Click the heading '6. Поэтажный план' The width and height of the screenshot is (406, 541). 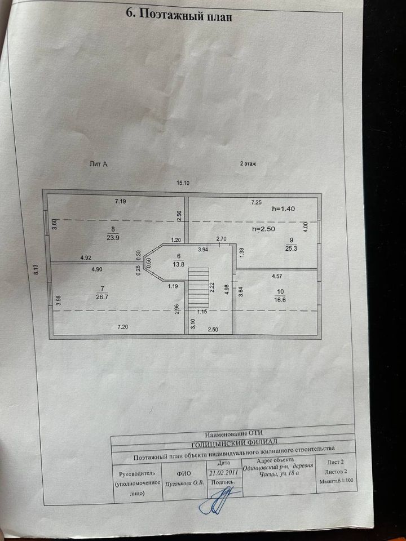178,15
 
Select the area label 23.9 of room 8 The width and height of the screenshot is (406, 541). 113,237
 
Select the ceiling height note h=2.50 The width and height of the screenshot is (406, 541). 264,229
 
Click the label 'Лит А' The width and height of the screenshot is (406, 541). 99,164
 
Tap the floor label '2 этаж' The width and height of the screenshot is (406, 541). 248,163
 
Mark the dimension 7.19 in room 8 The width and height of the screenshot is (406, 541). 121,201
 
